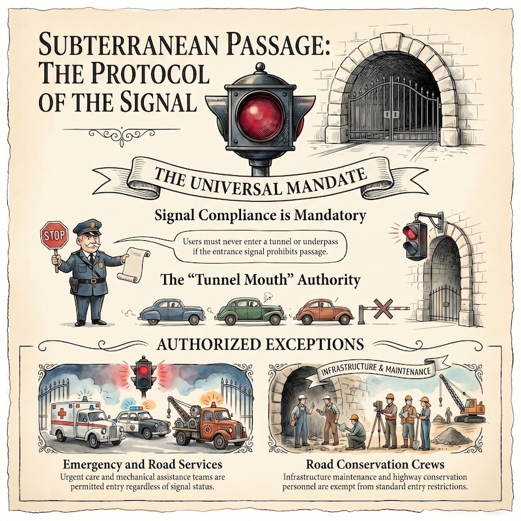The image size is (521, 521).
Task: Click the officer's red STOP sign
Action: [54, 236]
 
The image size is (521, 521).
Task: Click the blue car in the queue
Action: [172, 311]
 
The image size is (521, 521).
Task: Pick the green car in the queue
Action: [251, 311]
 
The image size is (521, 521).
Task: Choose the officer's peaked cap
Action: [87, 227]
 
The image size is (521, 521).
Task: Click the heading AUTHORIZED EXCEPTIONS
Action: [260, 345]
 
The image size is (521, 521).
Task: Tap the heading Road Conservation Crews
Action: [375, 464]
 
